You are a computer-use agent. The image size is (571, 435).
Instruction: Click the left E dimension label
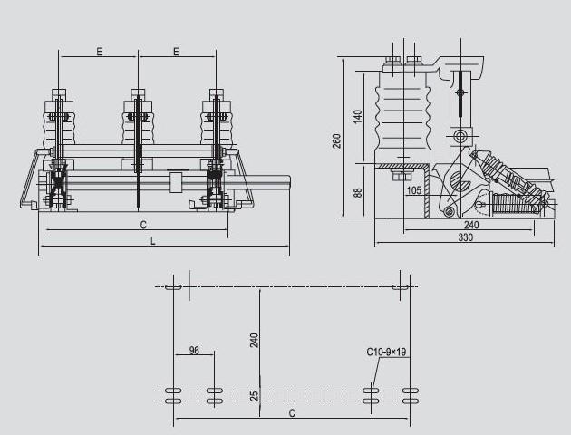[100, 52]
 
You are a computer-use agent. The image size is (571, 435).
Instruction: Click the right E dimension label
[176, 52]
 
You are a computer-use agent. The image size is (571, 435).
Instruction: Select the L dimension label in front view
[153, 241]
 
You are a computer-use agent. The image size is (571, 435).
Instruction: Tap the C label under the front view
[143, 225]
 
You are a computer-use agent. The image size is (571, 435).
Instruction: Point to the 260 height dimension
[337, 141]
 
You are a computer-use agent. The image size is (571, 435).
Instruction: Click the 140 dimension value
[358, 117]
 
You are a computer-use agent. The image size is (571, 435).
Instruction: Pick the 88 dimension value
[358, 192]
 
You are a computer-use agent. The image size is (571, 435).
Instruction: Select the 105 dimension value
[413, 190]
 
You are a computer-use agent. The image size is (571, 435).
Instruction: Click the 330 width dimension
[465, 237]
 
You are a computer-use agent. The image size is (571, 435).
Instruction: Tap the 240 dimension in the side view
[471, 225]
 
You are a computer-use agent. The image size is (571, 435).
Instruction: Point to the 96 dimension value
[195, 350]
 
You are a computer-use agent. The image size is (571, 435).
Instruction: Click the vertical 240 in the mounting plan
[255, 341]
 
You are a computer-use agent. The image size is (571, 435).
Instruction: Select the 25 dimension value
[255, 395]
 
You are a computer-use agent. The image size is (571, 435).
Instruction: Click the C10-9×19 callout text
[386, 352]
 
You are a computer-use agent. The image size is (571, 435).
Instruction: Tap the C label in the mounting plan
[292, 413]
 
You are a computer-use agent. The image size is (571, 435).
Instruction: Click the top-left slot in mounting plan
[173, 287]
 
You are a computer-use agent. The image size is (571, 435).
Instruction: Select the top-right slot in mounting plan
[401, 287]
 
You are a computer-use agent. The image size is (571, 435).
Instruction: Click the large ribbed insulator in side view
[403, 117]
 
